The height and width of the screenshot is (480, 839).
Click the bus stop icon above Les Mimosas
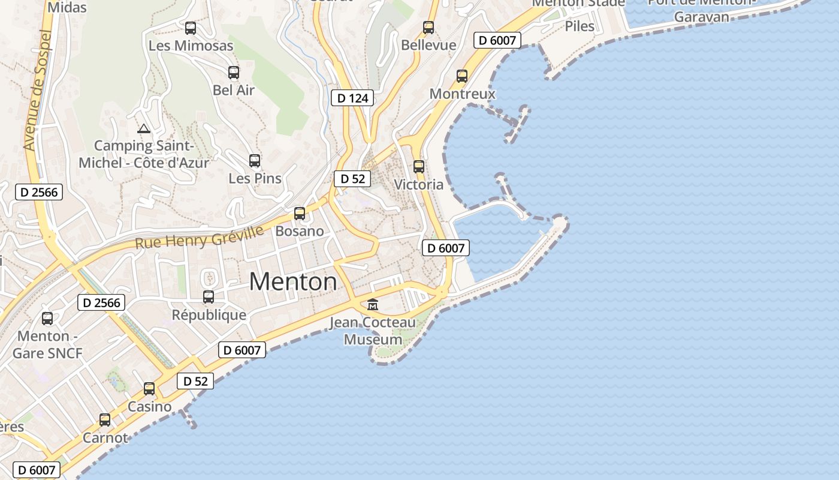(x=191, y=28)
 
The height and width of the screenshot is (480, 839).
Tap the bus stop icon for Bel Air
(x=234, y=73)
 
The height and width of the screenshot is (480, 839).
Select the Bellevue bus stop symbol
(x=428, y=27)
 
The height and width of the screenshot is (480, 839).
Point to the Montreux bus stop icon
(x=462, y=76)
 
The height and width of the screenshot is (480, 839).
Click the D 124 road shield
(x=352, y=98)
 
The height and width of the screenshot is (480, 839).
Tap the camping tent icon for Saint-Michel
(x=143, y=128)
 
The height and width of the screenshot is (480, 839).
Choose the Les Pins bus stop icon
(x=255, y=161)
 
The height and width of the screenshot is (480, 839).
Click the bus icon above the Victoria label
(x=419, y=167)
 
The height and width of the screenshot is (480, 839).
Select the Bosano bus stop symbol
(x=300, y=214)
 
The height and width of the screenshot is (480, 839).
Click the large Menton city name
(x=293, y=281)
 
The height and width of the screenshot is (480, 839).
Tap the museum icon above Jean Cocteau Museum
(x=373, y=305)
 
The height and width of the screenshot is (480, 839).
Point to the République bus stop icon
(x=209, y=297)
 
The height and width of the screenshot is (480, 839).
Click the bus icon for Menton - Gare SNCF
(x=47, y=319)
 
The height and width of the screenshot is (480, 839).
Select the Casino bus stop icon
(x=149, y=389)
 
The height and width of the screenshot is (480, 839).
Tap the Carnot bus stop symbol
(x=105, y=420)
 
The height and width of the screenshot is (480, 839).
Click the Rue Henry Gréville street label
(x=199, y=238)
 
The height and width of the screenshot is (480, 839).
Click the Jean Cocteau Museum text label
(x=373, y=331)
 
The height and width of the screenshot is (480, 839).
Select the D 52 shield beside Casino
(x=195, y=381)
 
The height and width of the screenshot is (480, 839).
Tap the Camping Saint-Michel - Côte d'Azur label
(x=144, y=154)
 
